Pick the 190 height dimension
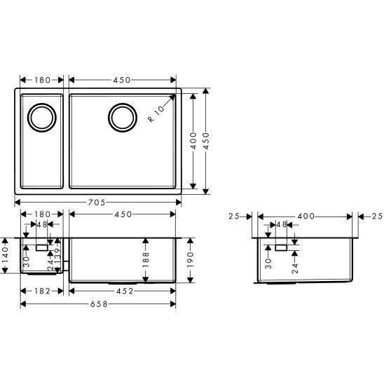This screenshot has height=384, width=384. (x=191, y=261)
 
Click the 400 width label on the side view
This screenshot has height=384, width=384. (x=306, y=217)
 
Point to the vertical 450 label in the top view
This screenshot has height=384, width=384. (x=207, y=140)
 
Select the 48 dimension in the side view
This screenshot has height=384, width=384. (x=282, y=226)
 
